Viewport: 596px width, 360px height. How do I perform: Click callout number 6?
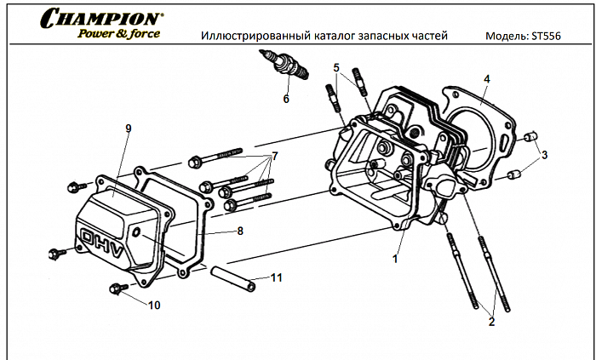(x=286, y=100)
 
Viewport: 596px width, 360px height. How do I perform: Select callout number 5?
(x=337, y=67)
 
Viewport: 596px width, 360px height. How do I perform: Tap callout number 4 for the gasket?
(x=486, y=78)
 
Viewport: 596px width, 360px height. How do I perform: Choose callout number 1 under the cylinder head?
(x=395, y=254)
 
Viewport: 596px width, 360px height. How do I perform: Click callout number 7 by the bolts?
(x=275, y=157)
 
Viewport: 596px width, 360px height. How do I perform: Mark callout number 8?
(x=240, y=231)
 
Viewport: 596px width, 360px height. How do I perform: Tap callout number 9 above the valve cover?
(x=128, y=129)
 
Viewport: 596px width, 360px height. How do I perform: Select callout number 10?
(x=154, y=304)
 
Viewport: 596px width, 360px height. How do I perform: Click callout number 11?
(x=276, y=277)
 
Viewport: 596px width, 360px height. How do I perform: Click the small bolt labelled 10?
(x=117, y=289)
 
